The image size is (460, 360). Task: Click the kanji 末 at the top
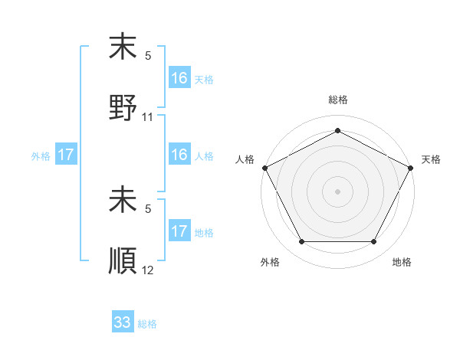point(123,47)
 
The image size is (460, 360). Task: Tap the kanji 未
point(123,201)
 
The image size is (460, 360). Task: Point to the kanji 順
point(123,260)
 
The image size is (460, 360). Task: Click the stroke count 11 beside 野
point(148,117)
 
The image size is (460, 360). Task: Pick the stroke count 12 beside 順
point(148,270)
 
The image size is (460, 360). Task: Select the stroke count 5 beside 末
point(148,56)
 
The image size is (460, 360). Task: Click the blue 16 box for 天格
point(179,78)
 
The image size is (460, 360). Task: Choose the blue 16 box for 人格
point(179,155)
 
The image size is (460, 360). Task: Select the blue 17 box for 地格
point(179,231)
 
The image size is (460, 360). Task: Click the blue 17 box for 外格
point(66,155)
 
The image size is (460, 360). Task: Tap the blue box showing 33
point(123,322)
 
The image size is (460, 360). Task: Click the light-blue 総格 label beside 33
point(147,324)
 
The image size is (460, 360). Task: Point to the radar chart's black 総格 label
point(338,100)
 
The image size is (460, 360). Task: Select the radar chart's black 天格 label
point(432,159)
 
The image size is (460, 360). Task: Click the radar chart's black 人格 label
point(245,159)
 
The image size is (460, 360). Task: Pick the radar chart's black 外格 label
point(270,263)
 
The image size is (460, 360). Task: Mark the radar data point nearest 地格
point(374,242)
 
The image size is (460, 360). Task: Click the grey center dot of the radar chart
point(338,191)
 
